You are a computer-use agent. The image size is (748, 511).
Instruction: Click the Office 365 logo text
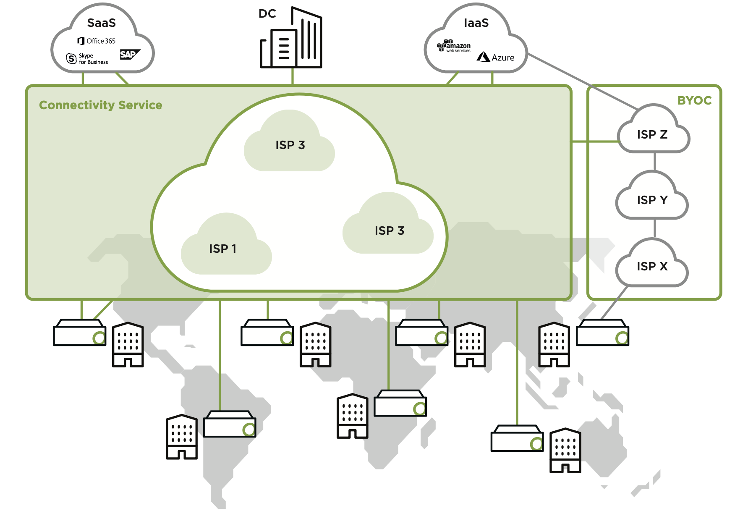pyautogui.click(x=97, y=41)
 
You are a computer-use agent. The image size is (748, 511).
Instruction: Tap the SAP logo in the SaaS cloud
pyautogui.click(x=129, y=55)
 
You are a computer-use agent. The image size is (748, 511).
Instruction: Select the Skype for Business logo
pyautogui.click(x=87, y=59)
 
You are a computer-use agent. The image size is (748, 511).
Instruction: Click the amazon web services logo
pyautogui.click(x=454, y=47)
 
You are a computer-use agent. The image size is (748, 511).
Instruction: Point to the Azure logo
pyautogui.click(x=496, y=57)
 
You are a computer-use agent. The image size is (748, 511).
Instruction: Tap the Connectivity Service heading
pyautogui.click(x=100, y=105)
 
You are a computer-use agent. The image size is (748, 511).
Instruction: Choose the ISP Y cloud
pyautogui.click(x=652, y=200)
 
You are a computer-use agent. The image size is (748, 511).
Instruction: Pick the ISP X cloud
pyautogui.click(x=652, y=266)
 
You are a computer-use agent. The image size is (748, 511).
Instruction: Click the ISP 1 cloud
pyautogui.click(x=223, y=249)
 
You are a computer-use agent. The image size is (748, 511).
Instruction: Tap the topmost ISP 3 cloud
pyautogui.click(x=290, y=145)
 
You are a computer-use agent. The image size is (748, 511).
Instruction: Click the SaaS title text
pyautogui.click(x=101, y=23)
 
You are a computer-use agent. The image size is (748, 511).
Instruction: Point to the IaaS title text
pyautogui.click(x=476, y=23)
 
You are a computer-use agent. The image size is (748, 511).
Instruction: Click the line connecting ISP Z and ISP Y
pyautogui.click(x=654, y=162)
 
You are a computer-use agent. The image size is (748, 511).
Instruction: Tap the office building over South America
pyautogui.click(x=182, y=437)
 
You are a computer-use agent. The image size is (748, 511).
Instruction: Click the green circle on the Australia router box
pyautogui.click(x=536, y=444)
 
